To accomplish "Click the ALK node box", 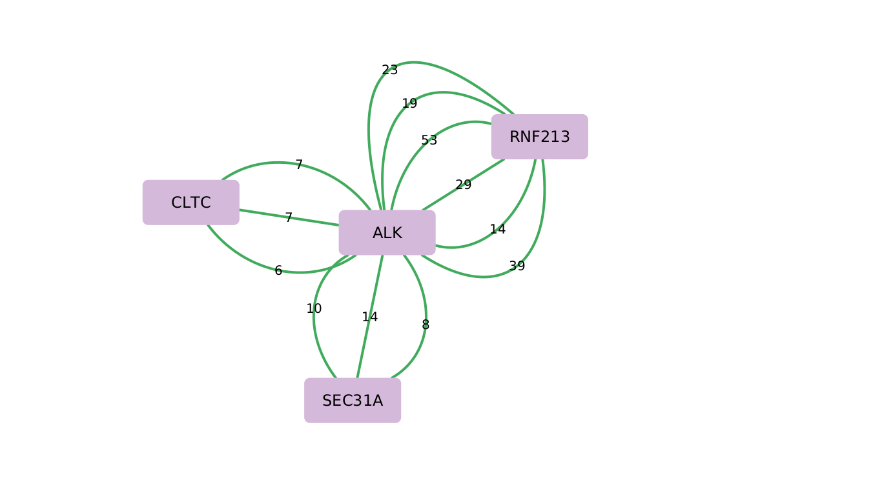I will tap(387, 233).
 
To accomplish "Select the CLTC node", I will tap(190, 203).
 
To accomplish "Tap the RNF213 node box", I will tap(539, 137).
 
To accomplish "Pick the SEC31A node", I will tap(352, 401).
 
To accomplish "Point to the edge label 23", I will tap(389, 70).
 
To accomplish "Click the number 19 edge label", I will tap(409, 104).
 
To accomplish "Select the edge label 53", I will tap(429, 141).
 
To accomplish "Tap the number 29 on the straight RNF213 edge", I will tap(463, 185).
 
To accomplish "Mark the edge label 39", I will tap(517, 266).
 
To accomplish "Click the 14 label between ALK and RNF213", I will tap(497, 230).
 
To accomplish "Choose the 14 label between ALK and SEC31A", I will tap(369, 317).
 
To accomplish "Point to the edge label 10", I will tap(314, 309).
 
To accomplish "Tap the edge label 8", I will tap(426, 325).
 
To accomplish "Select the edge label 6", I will tap(278, 271).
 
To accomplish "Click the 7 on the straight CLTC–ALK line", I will tap(289, 218).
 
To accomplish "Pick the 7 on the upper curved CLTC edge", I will tap(299, 165).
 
